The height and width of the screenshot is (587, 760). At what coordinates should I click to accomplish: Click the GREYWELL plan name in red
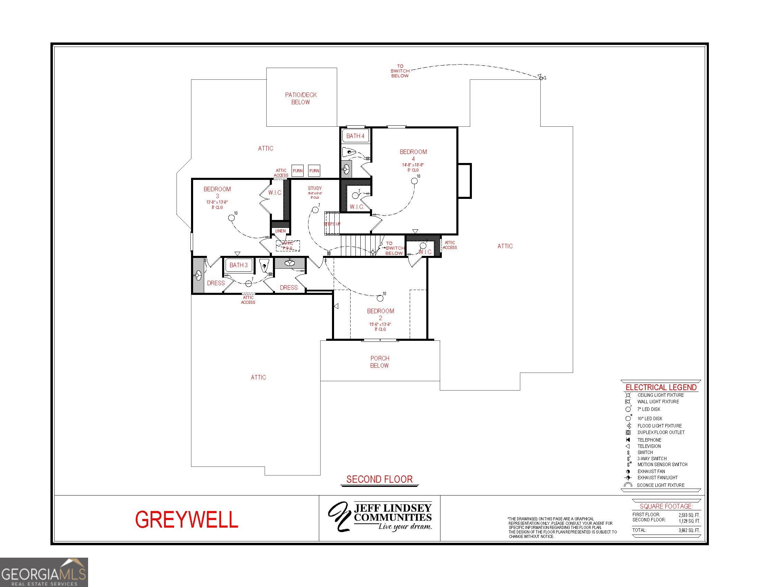coord(187,520)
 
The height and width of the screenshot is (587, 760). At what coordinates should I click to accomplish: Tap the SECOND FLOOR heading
coord(379,479)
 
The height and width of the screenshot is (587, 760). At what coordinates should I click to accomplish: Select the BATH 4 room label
coord(355,136)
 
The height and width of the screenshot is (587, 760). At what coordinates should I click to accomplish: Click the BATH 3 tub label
coord(239,265)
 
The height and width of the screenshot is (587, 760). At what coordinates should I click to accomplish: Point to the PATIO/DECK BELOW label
coord(301,98)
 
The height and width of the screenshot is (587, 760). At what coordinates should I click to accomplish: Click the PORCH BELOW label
coord(380,362)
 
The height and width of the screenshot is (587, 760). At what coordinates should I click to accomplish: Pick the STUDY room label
coord(315,188)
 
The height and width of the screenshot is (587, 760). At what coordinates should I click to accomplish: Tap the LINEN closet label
coord(281,231)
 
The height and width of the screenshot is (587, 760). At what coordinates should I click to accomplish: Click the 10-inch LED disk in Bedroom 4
coord(414,181)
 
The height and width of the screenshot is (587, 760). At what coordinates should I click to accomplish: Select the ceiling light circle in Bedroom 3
coord(231,218)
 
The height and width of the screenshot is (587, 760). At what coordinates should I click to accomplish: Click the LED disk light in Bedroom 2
coord(380,298)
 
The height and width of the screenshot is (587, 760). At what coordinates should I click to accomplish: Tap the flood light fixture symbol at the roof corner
coord(541,77)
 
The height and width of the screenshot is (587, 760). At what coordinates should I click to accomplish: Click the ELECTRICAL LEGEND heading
coord(661,387)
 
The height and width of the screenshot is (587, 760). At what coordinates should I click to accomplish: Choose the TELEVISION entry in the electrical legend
coord(649,446)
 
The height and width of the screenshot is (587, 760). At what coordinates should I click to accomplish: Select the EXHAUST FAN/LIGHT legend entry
coord(657,478)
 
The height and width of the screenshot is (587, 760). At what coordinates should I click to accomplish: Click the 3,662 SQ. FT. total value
coord(689,530)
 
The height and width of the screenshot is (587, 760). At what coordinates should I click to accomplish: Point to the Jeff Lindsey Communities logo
coord(380,518)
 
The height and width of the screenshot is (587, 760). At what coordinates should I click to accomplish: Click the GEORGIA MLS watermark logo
coord(44,572)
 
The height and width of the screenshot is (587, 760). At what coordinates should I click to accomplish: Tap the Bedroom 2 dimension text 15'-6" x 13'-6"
coord(380,325)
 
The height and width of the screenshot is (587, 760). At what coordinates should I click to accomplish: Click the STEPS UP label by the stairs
coord(332,224)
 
